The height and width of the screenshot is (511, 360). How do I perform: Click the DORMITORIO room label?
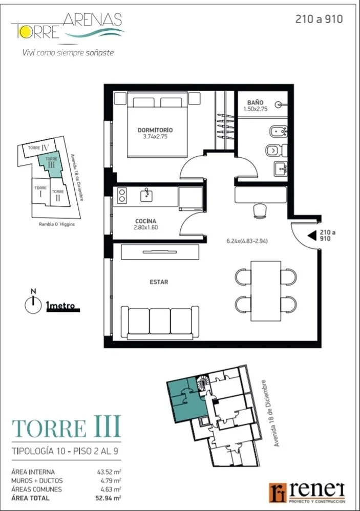[x=155, y=130]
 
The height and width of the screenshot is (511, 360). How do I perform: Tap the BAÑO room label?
[x=255, y=102]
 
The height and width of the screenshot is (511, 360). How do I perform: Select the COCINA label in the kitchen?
[x=145, y=221]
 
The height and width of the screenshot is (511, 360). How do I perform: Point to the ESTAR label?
[x=159, y=282]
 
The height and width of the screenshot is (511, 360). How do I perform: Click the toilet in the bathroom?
[x=276, y=151]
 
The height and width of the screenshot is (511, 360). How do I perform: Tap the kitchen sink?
[x=147, y=195]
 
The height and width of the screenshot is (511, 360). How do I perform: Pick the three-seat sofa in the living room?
[x=160, y=322]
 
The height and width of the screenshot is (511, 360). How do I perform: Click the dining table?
[x=266, y=291]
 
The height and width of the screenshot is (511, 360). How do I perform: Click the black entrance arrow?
[x=312, y=236]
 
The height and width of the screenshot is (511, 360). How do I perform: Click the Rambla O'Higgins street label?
[x=57, y=224]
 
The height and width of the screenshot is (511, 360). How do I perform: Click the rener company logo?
[x=308, y=492]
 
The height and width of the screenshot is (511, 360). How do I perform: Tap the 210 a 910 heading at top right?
[x=319, y=19]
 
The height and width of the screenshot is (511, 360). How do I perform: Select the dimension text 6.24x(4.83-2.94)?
[x=247, y=241]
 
